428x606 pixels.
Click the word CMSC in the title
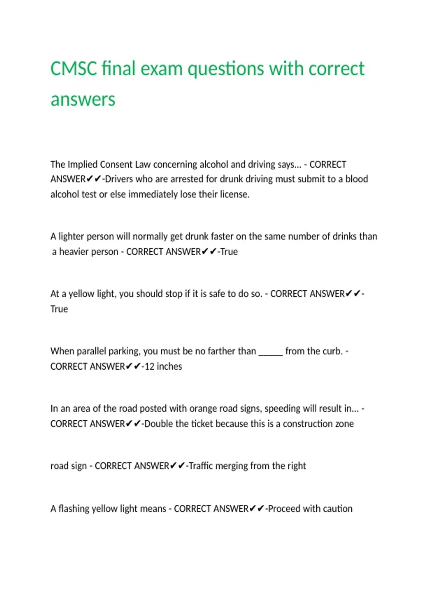point(73,68)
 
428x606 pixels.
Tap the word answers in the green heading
point(83,99)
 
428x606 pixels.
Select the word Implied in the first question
point(82,164)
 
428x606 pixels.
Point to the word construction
point(303,424)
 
